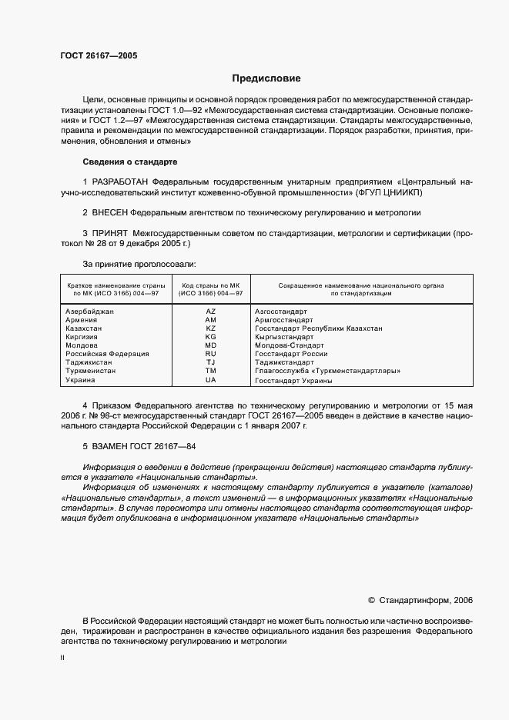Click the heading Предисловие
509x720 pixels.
266,78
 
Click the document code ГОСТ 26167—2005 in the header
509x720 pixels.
99,55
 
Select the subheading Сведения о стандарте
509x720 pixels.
130,162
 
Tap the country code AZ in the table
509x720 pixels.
211,312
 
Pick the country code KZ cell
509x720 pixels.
211,328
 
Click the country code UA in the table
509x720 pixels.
211,380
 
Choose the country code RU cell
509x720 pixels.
211,354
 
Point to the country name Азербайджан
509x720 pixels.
90,312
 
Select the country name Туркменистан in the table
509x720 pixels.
91,371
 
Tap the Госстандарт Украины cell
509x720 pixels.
293,380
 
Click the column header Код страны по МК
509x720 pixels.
211,288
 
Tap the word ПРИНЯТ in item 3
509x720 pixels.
110,233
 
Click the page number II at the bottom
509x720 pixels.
63,658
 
